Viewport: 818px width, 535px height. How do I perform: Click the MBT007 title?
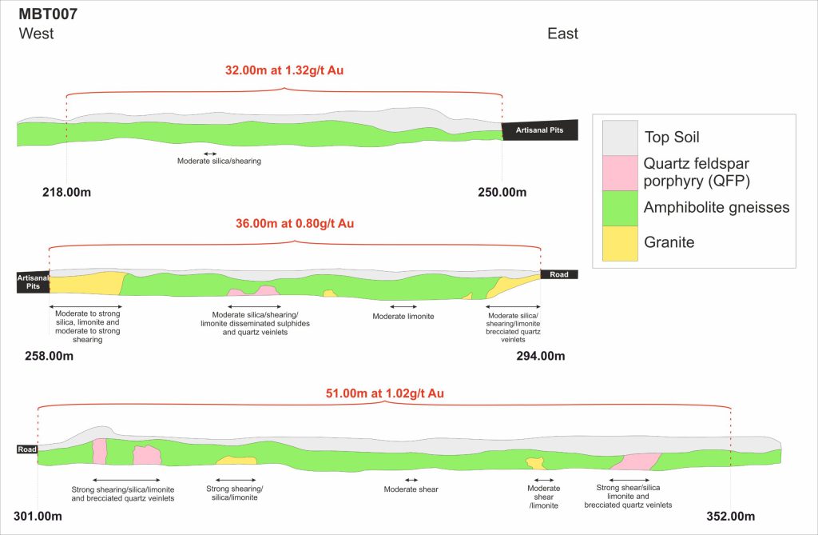coord(48,14)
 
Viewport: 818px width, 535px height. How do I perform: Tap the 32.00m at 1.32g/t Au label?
coord(284,70)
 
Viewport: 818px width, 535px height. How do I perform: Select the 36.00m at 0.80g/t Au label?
coord(295,224)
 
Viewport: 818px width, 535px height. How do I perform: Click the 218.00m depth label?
coord(67,192)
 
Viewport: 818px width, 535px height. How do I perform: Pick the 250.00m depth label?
coord(502,192)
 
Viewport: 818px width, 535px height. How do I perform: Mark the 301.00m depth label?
coord(38,516)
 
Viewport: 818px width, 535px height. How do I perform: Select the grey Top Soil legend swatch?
coord(619,138)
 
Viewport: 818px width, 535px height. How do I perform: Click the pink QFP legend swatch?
coord(619,173)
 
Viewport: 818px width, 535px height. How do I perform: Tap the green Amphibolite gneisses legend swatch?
coord(619,208)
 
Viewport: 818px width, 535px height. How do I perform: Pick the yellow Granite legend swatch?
coord(619,242)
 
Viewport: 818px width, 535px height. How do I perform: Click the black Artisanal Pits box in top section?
coord(539,130)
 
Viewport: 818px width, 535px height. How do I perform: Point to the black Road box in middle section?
coord(558,274)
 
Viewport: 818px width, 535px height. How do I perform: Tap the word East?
coord(562,34)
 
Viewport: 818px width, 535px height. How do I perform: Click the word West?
coord(37,34)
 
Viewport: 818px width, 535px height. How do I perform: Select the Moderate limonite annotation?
coord(403,317)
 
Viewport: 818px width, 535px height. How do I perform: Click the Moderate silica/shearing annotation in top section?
coord(219,161)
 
